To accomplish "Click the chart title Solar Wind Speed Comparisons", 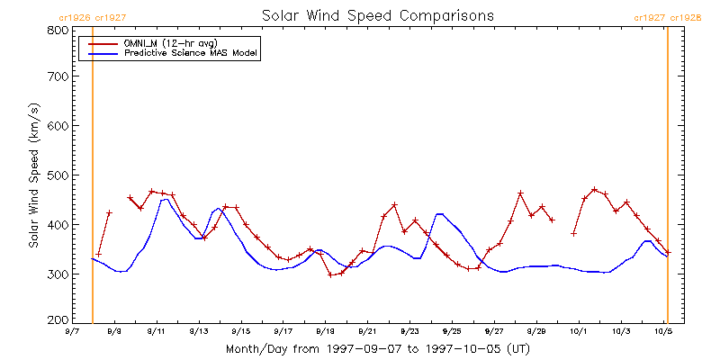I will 378,16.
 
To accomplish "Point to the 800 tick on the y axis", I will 57,30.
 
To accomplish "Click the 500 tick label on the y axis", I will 57,175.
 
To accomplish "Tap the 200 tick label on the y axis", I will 57,319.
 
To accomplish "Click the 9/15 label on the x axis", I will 240,331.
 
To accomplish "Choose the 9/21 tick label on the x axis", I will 367,331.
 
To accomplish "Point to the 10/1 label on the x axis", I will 579,331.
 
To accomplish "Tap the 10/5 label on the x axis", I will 663,331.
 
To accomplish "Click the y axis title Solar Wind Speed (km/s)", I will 34,175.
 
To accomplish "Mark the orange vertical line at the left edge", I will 93,175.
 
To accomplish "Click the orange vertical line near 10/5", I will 667,175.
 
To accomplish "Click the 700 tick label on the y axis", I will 57,77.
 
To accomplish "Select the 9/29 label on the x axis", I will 536,331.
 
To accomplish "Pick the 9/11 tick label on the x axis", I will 157,331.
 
